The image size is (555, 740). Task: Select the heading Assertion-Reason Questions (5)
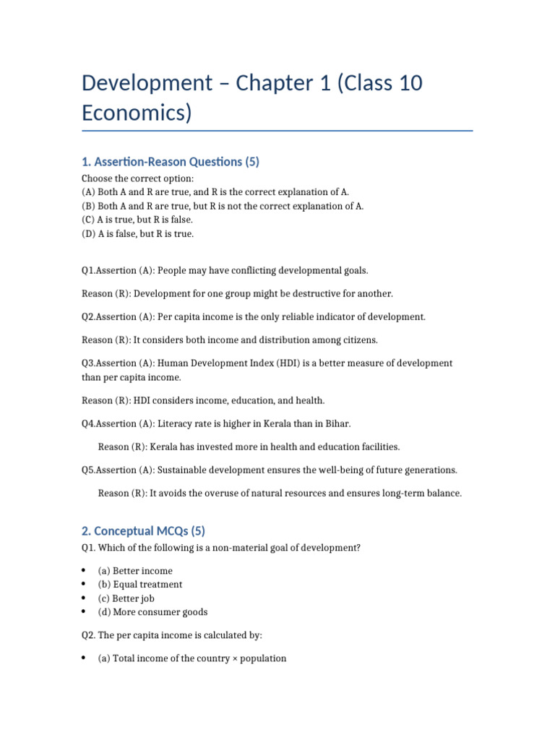(170, 162)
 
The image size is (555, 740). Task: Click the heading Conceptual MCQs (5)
(143, 530)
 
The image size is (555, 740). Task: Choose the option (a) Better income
(135, 571)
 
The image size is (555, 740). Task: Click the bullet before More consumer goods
(85, 612)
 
